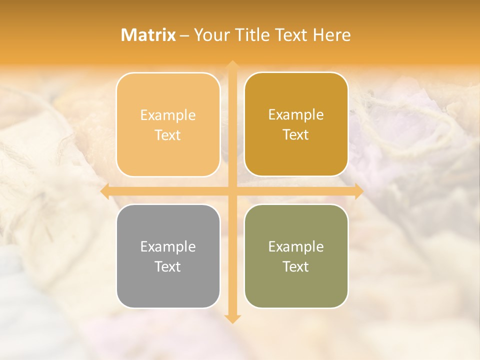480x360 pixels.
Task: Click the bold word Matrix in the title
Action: click(x=148, y=35)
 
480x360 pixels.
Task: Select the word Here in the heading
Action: click(x=331, y=35)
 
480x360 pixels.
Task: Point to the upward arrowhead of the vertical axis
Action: click(x=231, y=65)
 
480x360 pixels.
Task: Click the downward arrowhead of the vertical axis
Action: click(x=231, y=318)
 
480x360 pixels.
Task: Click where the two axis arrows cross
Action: click(x=231, y=191)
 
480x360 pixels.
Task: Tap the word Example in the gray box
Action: click(x=168, y=246)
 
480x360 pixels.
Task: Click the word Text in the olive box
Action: click(x=296, y=266)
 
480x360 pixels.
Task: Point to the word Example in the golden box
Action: click(x=296, y=114)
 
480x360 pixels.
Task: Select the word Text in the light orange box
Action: click(x=168, y=135)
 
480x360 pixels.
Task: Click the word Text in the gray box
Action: click(x=168, y=266)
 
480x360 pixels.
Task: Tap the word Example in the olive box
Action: click(x=296, y=246)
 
